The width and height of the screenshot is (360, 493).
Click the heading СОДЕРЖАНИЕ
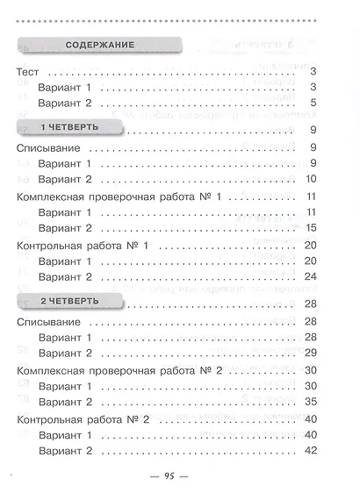97,45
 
